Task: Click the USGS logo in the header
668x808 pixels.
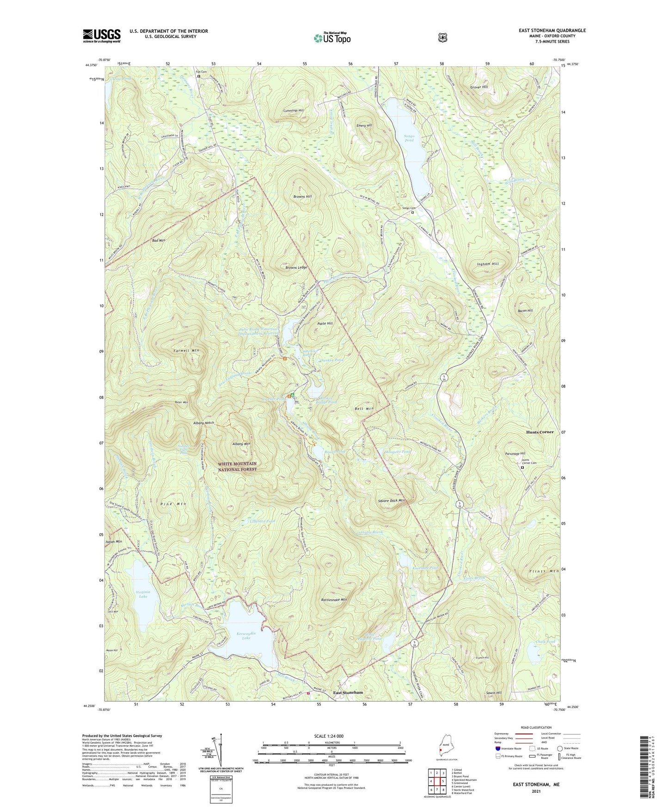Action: (102, 36)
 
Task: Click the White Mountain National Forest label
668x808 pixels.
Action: (237, 466)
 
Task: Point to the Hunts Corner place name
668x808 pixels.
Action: (539, 432)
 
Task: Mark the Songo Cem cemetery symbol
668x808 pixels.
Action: (412, 212)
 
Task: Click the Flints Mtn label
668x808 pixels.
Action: (544, 572)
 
